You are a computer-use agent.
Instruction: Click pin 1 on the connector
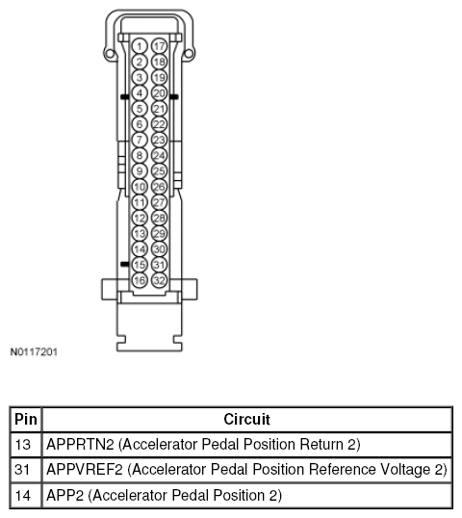click(x=140, y=46)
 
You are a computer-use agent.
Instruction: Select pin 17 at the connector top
click(x=159, y=46)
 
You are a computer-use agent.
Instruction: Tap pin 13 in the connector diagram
click(x=140, y=234)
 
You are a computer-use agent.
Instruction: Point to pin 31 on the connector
click(x=159, y=265)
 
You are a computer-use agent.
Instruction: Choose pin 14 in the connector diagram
click(x=140, y=249)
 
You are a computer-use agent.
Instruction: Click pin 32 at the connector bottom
click(x=159, y=280)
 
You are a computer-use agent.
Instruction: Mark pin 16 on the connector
click(x=140, y=280)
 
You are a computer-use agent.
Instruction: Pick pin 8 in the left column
click(x=140, y=155)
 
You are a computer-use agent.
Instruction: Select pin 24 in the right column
click(x=159, y=155)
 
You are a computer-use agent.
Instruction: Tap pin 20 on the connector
click(x=159, y=93)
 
